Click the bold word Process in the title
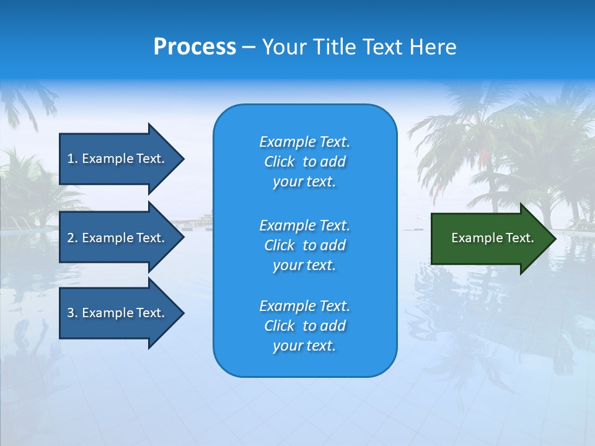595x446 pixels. tap(195, 47)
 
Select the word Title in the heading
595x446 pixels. tap(334, 47)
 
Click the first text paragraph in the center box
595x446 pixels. tap(304, 162)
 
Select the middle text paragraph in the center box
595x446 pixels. tap(304, 245)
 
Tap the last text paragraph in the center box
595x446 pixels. tap(304, 326)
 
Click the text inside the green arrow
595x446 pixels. tap(493, 238)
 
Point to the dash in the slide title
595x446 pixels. tap(249, 47)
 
